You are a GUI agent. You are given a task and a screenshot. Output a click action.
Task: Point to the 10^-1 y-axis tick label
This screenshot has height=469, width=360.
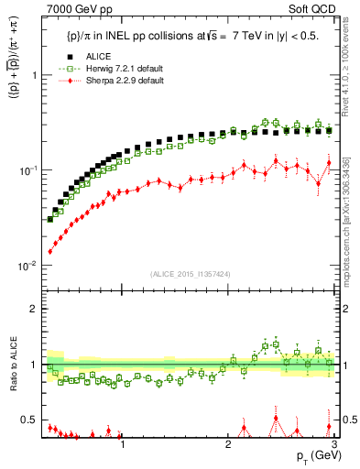tap(27, 171)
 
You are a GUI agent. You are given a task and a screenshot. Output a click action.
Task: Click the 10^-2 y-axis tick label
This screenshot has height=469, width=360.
tap(27, 267)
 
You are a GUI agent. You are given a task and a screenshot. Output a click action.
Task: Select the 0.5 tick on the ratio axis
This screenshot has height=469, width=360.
tap(28, 420)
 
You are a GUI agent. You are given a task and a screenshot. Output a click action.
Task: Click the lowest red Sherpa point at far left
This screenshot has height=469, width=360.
tap(50, 251)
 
